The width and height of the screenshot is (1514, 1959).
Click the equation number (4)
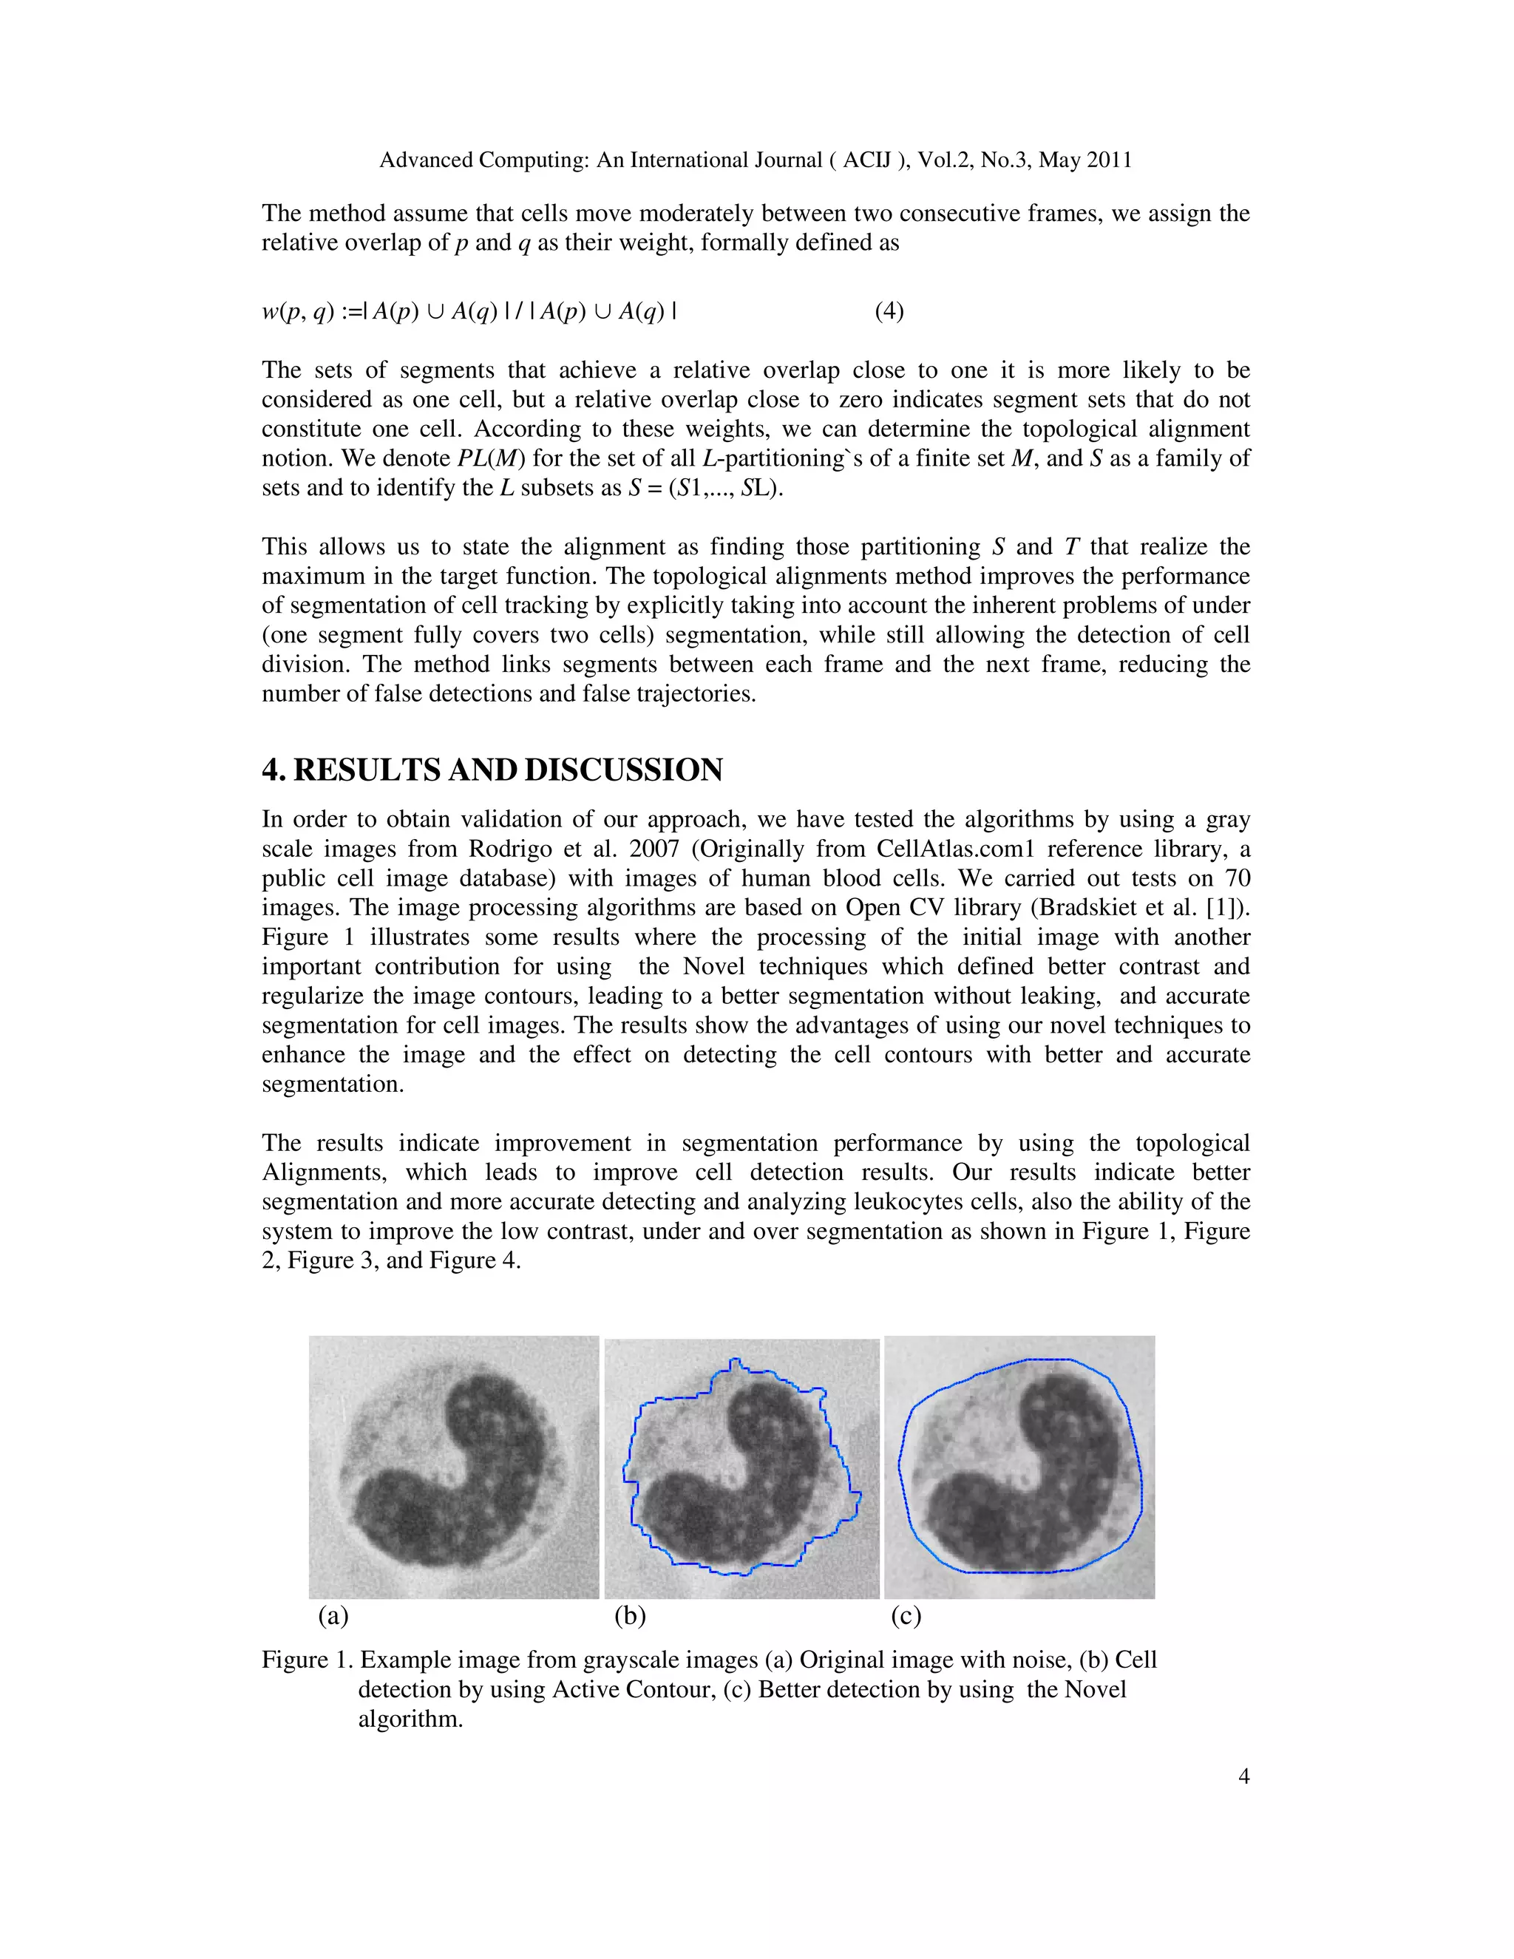(889, 311)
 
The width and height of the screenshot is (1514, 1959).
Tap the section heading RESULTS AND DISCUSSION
(508, 770)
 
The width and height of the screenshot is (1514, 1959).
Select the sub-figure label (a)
(333, 1615)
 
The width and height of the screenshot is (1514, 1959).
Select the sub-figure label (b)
(630, 1615)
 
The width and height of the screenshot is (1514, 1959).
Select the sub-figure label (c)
(906, 1615)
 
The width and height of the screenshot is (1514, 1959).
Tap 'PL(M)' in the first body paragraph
(491, 458)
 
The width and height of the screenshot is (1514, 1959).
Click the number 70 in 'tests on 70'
(1237, 878)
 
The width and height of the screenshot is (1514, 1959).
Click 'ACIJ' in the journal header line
(866, 160)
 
